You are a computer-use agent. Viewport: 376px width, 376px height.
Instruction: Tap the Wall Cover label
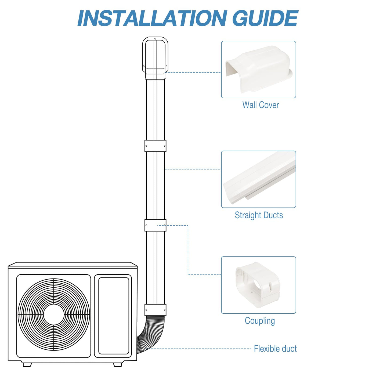coord(261,105)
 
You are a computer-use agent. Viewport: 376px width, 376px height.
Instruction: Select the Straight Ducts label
coord(259,215)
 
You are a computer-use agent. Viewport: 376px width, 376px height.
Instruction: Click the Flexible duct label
coord(275,349)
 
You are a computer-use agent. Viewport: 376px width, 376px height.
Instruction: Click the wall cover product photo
coord(259,69)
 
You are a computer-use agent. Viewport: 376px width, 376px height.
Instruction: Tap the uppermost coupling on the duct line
coord(155,146)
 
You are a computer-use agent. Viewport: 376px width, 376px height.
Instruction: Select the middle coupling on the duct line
coord(155,225)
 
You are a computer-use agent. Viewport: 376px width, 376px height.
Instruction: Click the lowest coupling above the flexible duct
coord(155,310)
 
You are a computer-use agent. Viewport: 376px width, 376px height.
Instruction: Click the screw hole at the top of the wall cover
coord(155,39)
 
